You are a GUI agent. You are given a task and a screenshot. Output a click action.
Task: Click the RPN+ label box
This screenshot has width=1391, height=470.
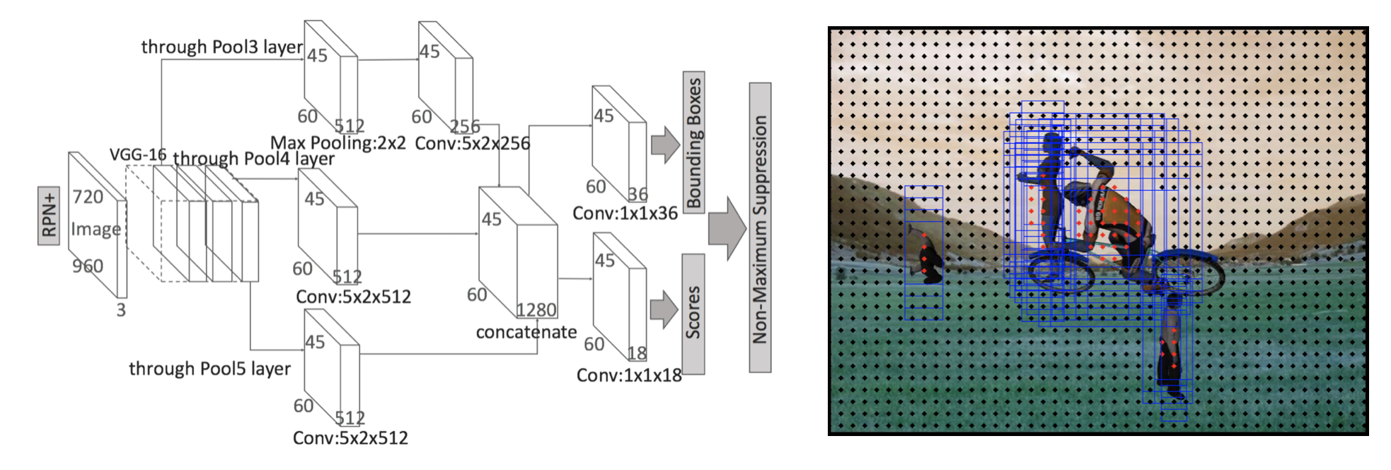point(48,216)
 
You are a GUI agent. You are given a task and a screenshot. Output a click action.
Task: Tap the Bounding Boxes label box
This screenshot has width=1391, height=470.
point(693,142)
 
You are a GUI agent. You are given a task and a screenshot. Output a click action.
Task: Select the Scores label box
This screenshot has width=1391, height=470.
point(693,313)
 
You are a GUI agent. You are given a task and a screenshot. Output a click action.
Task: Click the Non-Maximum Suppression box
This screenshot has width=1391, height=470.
point(760,227)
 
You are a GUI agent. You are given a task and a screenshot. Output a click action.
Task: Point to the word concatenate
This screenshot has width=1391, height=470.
point(526,332)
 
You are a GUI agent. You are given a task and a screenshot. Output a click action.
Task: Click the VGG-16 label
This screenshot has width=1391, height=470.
point(138,154)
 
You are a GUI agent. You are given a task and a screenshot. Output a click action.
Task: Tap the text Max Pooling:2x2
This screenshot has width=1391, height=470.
point(337,143)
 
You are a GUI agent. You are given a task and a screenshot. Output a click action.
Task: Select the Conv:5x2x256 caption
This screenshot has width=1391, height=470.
point(472,144)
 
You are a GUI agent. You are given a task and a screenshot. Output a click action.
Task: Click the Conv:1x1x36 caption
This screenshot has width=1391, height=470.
point(625,213)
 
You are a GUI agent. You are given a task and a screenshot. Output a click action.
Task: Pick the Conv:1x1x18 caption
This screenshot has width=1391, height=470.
point(628,375)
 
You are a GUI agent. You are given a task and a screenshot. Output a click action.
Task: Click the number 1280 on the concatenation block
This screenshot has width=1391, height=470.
point(536,310)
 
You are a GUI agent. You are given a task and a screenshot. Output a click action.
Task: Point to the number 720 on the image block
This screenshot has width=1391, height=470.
point(88,197)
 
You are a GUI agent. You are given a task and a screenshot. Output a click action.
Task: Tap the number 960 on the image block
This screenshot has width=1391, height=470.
point(88,266)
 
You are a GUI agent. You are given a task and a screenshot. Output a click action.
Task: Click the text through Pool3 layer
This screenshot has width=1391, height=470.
point(221,47)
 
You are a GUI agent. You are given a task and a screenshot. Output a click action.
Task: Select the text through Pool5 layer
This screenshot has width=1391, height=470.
point(209,369)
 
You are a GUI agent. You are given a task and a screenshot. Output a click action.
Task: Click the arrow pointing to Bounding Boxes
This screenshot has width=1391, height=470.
point(664,145)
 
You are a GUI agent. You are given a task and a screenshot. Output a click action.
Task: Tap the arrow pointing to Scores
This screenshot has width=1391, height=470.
point(664,309)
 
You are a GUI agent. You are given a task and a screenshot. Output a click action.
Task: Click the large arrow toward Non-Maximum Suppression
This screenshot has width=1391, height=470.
point(727,229)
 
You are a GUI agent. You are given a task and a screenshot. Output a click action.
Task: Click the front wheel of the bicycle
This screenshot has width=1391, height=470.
point(1189,274)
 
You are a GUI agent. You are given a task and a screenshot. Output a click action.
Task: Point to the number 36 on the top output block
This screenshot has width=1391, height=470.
point(637,194)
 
